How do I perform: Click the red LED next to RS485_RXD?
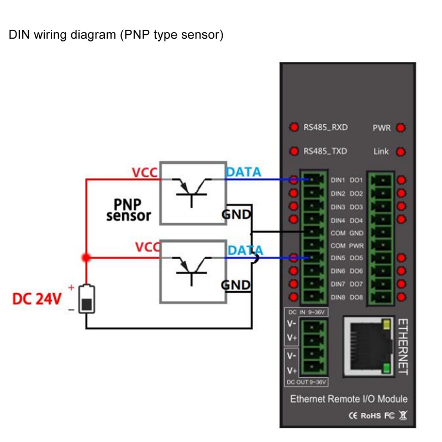[x=293, y=128]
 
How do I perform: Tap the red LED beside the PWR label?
[x=401, y=128]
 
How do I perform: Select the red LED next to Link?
[x=401, y=151]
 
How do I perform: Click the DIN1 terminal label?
[x=338, y=180]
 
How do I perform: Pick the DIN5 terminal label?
[x=338, y=258]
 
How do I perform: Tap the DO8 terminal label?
[x=356, y=298]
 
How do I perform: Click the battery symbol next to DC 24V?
[x=86, y=299]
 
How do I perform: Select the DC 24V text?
[x=36, y=299]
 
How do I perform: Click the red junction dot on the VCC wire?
[x=86, y=257]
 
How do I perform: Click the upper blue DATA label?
[x=243, y=172]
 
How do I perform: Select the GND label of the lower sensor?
[x=236, y=285]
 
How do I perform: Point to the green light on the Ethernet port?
[x=387, y=368]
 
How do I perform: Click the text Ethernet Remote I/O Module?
[x=349, y=399]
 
